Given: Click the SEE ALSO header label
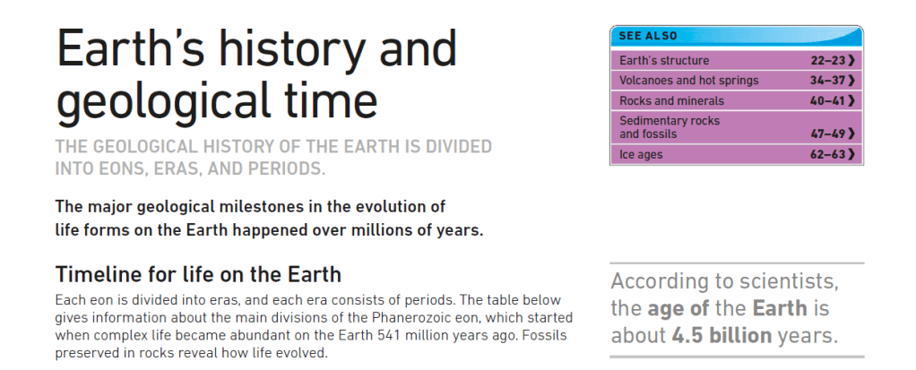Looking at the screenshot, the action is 648,36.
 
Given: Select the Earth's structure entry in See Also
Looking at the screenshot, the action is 664,61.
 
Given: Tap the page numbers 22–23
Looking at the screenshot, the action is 828,61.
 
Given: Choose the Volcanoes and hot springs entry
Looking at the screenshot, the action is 688,81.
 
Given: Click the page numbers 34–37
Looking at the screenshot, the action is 828,81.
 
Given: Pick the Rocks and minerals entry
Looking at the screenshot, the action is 671,101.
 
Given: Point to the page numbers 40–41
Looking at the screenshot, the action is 828,101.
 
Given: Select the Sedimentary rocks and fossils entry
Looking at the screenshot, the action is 670,127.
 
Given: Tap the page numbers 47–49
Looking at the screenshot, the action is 828,134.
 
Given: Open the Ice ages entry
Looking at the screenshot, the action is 641,155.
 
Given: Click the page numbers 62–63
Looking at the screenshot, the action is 828,155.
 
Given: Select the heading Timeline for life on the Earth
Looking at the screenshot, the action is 198,274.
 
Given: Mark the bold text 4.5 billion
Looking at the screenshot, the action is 722,336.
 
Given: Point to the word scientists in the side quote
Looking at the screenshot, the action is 789,282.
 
